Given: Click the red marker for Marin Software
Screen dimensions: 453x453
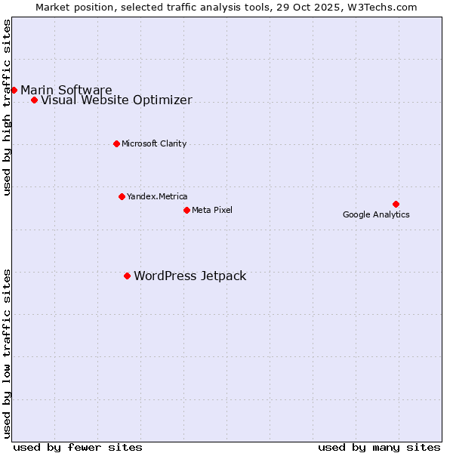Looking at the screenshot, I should coord(14,90).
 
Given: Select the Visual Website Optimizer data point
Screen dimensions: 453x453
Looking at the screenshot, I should coord(34,100).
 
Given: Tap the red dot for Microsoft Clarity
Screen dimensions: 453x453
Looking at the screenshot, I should coord(116,143).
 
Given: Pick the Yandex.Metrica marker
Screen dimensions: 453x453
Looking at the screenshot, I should coord(122,196).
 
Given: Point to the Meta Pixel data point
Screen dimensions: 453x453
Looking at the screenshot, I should coord(186,210).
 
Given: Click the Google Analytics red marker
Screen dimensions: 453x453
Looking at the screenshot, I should coord(396,204).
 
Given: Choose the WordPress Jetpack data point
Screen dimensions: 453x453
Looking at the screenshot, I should coord(127,276).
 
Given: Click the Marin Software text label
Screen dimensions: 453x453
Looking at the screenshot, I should coord(66,91).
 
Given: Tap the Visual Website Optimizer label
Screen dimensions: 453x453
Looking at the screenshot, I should coord(116,100).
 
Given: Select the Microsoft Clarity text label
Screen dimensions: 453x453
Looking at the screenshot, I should coord(154,144).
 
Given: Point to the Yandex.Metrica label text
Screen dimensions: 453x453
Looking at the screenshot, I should coord(157,197).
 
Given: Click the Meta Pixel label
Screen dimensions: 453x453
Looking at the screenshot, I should coord(212,210).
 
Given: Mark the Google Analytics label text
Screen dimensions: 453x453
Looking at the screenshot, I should coord(376,215).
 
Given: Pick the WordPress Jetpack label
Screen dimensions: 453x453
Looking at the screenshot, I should coord(190,276).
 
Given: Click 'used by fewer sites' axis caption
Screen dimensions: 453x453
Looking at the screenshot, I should coord(78,447).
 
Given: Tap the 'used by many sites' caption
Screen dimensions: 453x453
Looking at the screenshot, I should coord(379,447).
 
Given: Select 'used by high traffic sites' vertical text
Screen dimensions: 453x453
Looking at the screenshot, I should coord(8,107).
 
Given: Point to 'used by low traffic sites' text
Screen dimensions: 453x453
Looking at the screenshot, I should coord(8,353).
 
